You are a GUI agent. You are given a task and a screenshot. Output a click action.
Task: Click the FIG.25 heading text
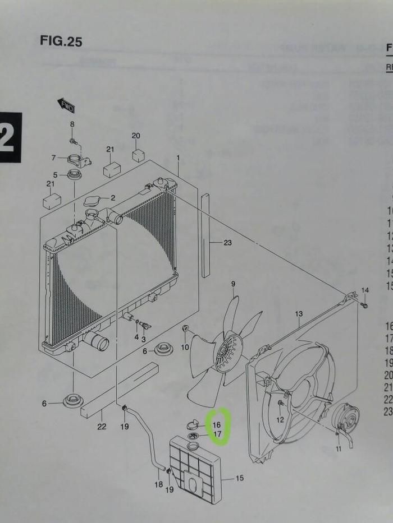[x=61, y=41]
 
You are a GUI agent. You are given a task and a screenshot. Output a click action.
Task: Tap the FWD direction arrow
[x=66, y=105]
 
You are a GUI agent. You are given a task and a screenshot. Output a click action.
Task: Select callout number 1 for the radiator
[x=178, y=158]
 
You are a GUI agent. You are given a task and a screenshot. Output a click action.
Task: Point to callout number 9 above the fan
[x=233, y=285]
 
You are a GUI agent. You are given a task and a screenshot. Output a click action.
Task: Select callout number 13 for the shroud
[x=299, y=313]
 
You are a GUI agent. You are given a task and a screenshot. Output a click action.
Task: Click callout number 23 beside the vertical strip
[x=227, y=243]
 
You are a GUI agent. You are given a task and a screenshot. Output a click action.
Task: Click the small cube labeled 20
[x=138, y=155]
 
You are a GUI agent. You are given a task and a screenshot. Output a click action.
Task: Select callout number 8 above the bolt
[x=72, y=124]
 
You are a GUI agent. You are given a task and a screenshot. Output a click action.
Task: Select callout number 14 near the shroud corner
[x=365, y=290]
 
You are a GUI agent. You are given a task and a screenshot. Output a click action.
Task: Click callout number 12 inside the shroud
[x=280, y=419]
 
